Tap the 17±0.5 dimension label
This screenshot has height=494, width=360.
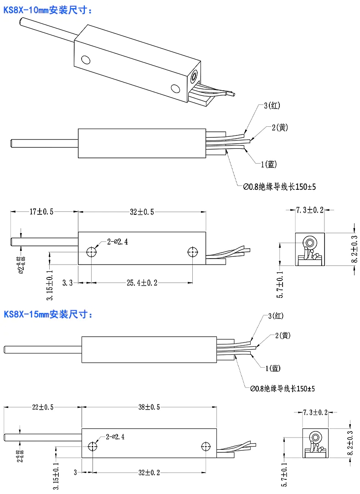pyautogui.click(x=41, y=212)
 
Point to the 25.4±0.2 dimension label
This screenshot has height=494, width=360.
pyautogui.click(x=142, y=283)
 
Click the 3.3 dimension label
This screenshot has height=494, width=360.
pyautogui.click(x=67, y=283)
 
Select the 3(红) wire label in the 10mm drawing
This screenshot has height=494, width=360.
pyautogui.click(x=272, y=106)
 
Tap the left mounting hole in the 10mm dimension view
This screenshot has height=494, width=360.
pyautogui.click(x=92, y=251)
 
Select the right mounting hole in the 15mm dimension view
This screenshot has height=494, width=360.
pyautogui.click(x=205, y=446)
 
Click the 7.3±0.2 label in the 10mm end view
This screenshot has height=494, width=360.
pyautogui.click(x=309, y=210)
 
